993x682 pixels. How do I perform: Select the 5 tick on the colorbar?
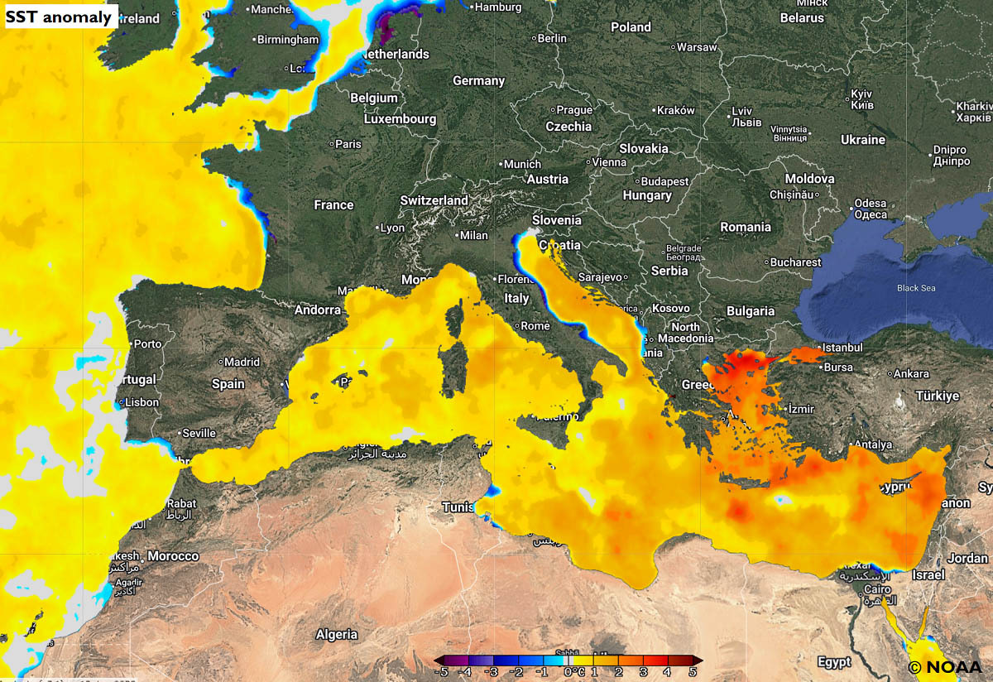pos(693,672)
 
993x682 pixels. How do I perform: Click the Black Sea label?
pos(916,288)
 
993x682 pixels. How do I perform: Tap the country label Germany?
pos(478,81)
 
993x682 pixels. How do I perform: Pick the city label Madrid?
pos(242,362)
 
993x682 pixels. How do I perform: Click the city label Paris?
pos(348,144)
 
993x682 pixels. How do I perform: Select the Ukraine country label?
pos(863,140)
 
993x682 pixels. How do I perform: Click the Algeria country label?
pos(337,634)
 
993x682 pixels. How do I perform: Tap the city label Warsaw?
pos(696,47)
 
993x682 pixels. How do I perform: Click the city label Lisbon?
pos(142,401)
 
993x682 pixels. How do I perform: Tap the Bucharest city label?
pos(794,262)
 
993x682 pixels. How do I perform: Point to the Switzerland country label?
pos(434,200)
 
